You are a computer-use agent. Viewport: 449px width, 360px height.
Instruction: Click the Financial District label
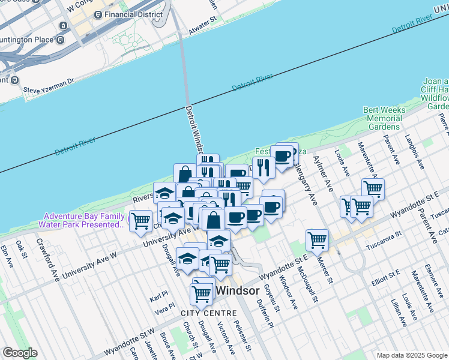[133, 14]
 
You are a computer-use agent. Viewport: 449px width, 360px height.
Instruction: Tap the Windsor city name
[237, 290]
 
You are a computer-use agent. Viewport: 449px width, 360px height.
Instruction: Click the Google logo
[20, 353]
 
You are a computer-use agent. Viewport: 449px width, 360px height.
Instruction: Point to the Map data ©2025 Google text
[411, 355]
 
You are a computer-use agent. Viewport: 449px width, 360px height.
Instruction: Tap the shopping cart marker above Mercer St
[317, 240]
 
